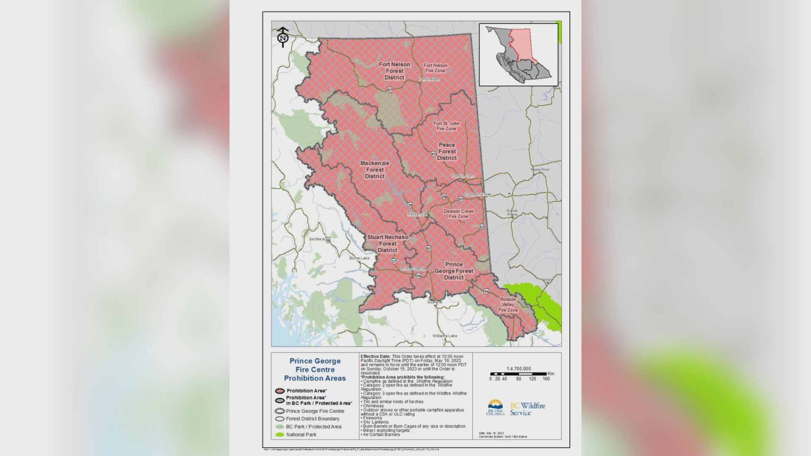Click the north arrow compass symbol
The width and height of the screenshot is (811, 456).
(283, 37)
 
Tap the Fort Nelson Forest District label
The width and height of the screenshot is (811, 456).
(394, 71)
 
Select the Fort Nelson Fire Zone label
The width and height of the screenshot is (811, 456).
(435, 68)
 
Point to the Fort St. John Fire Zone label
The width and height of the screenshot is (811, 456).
(446, 126)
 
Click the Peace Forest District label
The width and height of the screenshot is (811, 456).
(447, 152)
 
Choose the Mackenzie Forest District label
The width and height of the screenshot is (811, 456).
(375, 170)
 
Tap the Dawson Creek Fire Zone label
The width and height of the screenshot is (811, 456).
(458, 214)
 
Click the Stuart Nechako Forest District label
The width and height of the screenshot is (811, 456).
(387, 244)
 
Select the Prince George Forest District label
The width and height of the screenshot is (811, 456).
(454, 271)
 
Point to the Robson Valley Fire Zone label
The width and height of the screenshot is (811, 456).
(508, 304)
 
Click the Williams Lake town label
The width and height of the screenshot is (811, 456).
(444, 336)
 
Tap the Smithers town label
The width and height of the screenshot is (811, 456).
(317, 239)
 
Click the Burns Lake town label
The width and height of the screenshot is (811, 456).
(359, 258)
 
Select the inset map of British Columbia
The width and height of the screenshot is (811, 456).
(519, 54)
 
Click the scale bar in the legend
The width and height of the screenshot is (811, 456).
(519, 374)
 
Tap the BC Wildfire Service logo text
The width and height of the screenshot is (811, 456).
(527, 409)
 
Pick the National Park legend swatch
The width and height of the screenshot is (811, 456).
(279, 434)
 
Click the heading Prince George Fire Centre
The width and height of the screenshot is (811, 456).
(315, 369)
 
